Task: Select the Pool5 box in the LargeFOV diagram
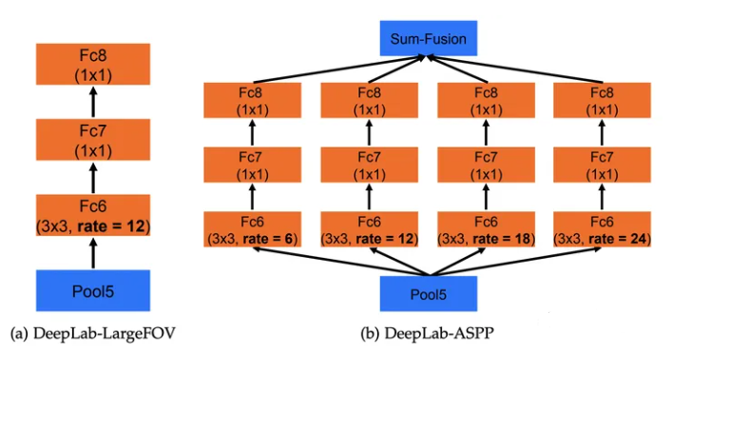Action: click(93, 290)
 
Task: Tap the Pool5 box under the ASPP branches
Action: click(428, 294)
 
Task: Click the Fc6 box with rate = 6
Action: click(253, 230)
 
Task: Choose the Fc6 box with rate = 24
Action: click(602, 230)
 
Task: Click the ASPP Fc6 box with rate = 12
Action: click(370, 230)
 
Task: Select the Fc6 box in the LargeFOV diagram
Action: click(93, 217)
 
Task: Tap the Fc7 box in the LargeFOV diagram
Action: click(93, 140)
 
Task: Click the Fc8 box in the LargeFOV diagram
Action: click(93, 63)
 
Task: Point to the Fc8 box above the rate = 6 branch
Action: click(253, 101)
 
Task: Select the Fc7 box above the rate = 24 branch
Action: click(602, 166)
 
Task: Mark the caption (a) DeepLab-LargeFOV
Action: click(92, 334)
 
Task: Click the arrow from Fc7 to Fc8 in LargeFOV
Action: click(93, 101)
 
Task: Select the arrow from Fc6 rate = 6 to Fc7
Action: click(253, 198)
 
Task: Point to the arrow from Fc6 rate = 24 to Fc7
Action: click(602, 198)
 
